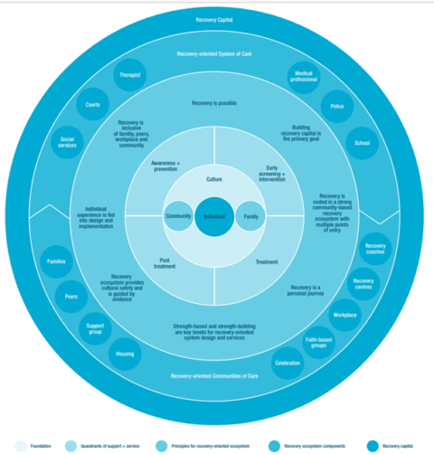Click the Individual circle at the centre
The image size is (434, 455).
coord(213,217)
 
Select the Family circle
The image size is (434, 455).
coord(250,217)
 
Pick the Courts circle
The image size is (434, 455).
coord(92,105)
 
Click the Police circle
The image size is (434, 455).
coord(335,105)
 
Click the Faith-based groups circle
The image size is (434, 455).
coord(319,343)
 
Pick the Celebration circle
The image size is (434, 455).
coord(286,363)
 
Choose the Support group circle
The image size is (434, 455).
coord(94,327)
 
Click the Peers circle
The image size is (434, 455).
coord(71,295)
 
